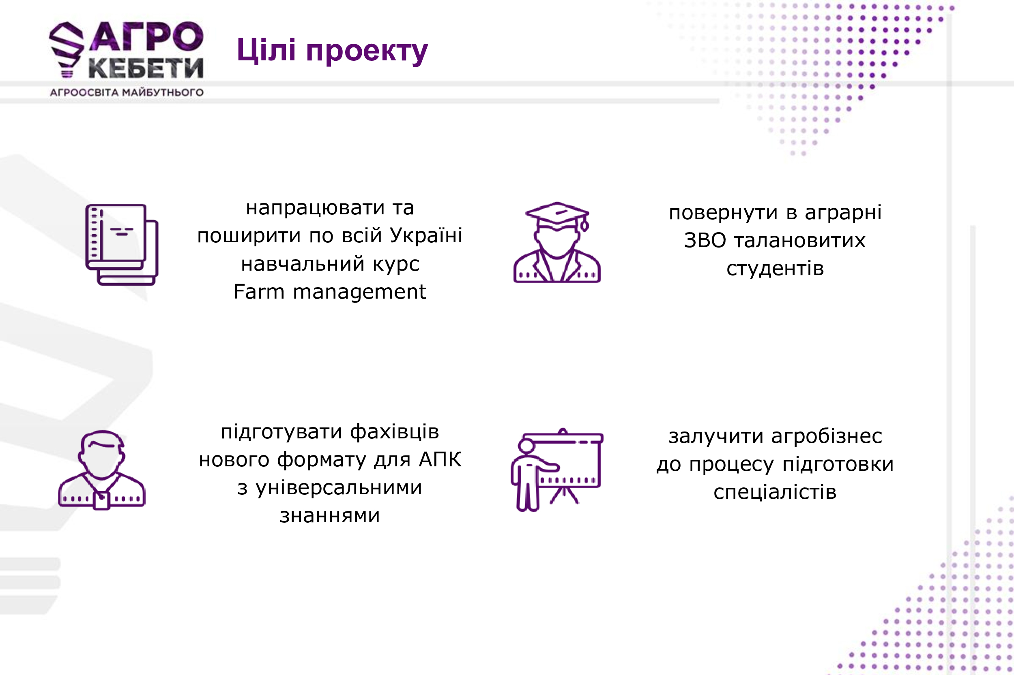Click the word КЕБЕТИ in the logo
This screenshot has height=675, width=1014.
click(146, 68)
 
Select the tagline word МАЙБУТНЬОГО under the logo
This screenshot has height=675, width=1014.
click(163, 92)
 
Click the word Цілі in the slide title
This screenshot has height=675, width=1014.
click(266, 50)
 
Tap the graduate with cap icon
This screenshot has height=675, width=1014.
click(557, 242)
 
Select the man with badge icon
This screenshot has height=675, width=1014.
click(102, 470)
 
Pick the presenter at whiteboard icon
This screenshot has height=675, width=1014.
click(557, 470)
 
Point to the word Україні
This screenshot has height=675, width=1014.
click(426, 235)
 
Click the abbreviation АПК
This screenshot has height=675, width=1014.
click(440, 459)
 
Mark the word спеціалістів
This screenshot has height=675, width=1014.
click(775, 492)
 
